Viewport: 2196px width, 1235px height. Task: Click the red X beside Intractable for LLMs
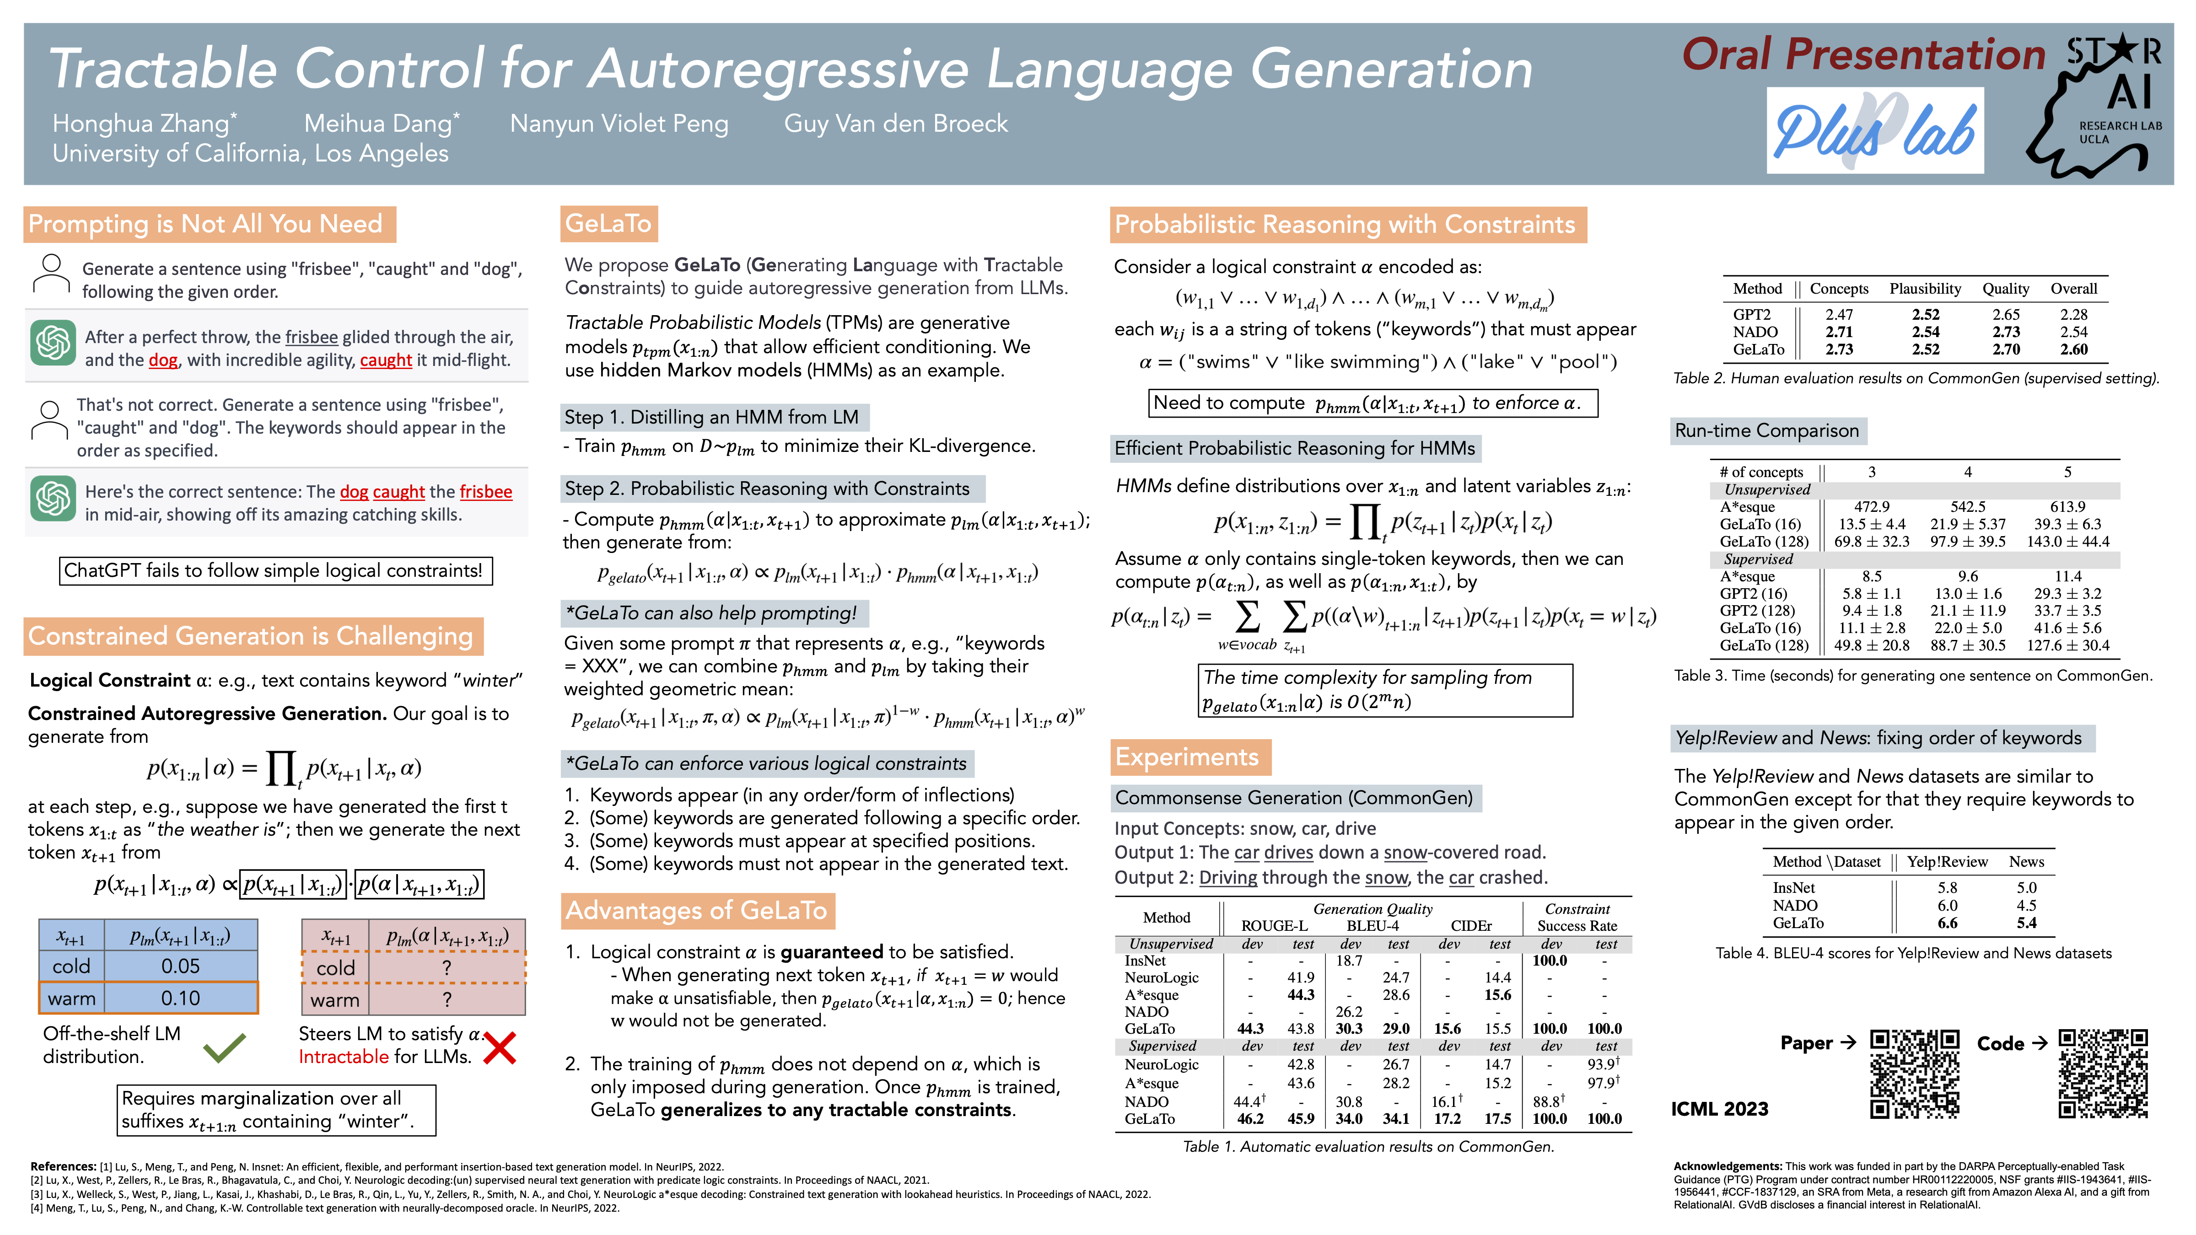point(500,1048)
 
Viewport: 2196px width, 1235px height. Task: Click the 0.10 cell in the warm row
point(181,998)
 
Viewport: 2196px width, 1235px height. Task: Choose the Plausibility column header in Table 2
point(1925,289)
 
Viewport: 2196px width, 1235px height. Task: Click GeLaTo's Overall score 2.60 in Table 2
point(2073,349)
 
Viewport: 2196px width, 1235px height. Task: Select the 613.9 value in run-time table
point(2067,507)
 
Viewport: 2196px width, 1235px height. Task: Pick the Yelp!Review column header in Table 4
point(1947,862)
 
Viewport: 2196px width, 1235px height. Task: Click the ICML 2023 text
point(1719,1109)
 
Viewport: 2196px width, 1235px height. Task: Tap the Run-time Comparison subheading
point(1766,430)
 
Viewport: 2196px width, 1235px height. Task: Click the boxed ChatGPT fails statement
point(274,570)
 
